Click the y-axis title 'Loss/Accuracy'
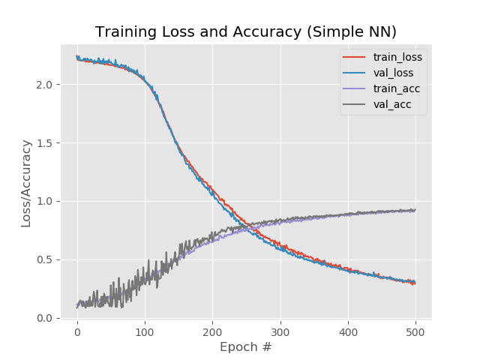click(26, 183)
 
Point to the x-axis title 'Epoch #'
click(245, 347)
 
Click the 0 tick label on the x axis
click(76, 331)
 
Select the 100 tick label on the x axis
click(145, 331)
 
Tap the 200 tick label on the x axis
click(212, 331)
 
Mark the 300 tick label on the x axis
click(280, 331)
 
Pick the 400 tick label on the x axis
click(348, 331)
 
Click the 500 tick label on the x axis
click(415, 331)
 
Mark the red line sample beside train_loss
click(355, 57)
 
